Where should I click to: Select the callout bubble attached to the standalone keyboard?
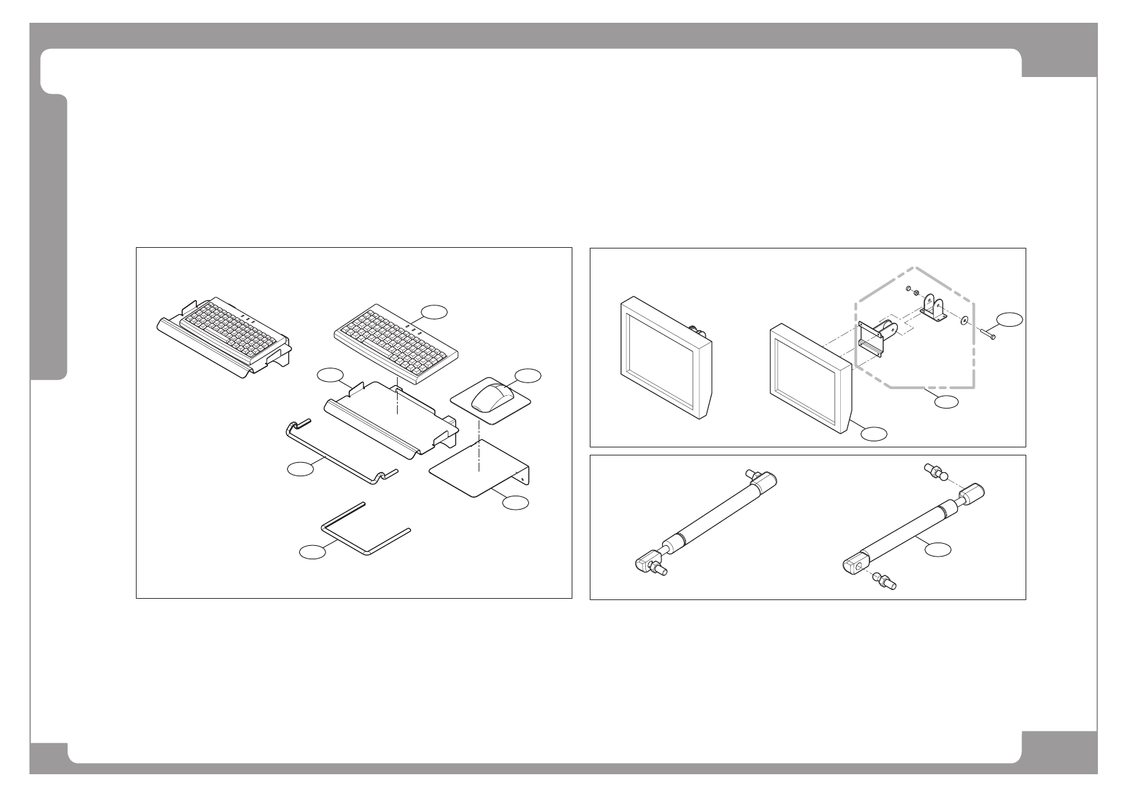point(435,311)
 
